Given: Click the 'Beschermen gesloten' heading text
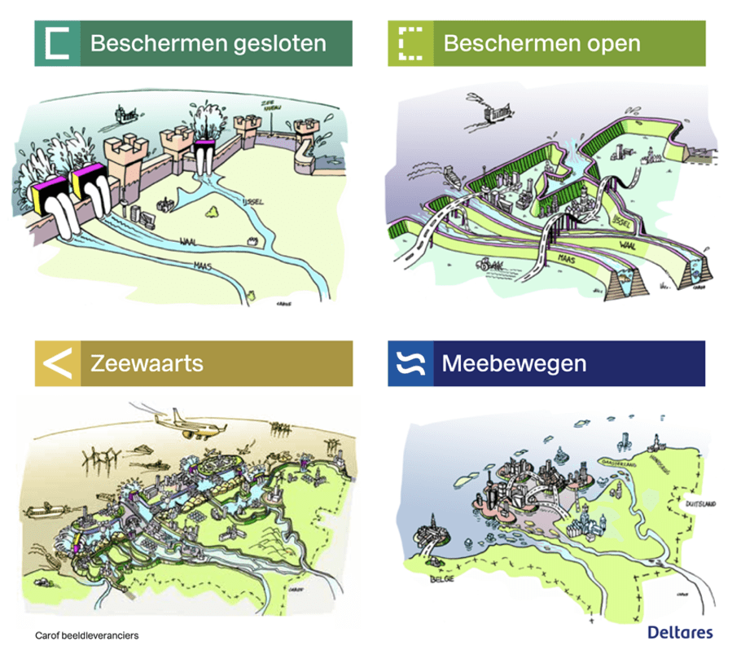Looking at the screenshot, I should pos(208,43).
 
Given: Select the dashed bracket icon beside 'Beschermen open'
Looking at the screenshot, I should pos(411,43).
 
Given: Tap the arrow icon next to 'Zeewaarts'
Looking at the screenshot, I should pos(57,363).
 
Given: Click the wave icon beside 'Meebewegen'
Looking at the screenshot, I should pos(411,363).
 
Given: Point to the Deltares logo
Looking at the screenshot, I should pos(680,632).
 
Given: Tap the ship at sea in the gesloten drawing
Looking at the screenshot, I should pos(125,114).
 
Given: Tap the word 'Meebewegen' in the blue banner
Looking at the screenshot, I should pos(514,363).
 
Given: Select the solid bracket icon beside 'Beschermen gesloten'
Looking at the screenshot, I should pos(57,43).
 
